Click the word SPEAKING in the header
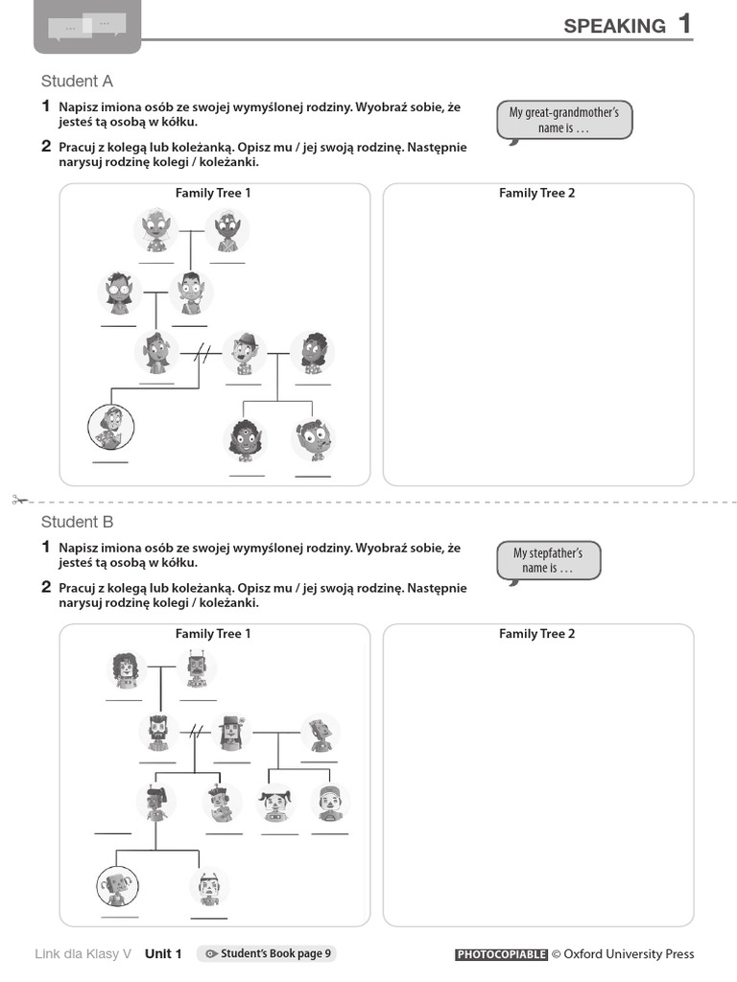614,26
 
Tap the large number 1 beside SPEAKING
684,24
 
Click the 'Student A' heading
77,82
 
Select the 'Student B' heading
77,523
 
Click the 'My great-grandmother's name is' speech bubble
564,121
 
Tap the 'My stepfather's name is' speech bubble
548,561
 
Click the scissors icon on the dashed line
18,500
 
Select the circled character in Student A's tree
111,427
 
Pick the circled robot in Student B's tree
119,886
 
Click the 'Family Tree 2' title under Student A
536,194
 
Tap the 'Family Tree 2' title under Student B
536,634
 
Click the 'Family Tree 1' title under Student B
213,634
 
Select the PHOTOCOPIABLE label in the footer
501,954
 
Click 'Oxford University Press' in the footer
629,954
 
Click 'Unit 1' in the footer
163,953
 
